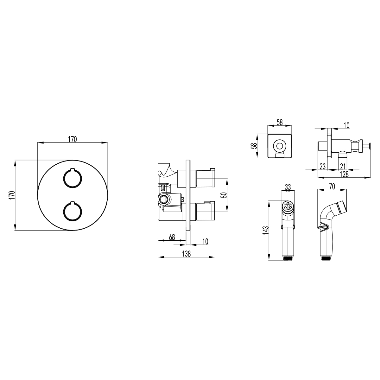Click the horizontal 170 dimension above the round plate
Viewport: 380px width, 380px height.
[x=73, y=139]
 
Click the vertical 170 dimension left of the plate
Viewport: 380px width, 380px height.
[x=12, y=195]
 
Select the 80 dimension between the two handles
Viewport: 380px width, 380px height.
[x=224, y=195]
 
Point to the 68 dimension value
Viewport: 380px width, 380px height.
[x=172, y=237]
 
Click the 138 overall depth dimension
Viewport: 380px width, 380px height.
[x=186, y=254]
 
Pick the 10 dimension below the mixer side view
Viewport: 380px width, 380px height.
[x=205, y=241]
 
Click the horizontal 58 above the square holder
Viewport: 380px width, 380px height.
[x=280, y=123]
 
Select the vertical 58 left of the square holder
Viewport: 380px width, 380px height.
[x=254, y=146]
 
